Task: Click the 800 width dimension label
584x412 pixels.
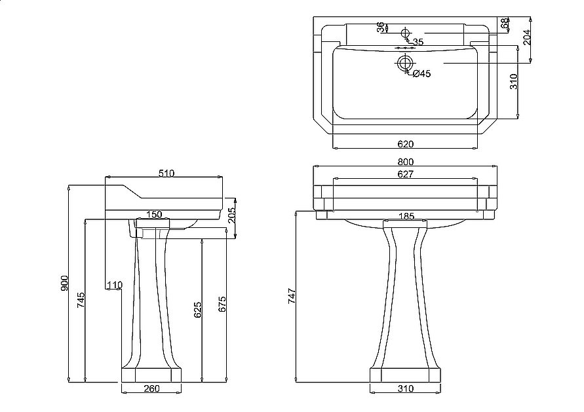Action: click(406, 162)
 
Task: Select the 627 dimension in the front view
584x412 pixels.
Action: click(406, 174)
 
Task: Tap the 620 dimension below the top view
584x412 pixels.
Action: click(406, 144)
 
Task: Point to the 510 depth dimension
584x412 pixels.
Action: click(166, 173)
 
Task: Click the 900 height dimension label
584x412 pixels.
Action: click(65, 283)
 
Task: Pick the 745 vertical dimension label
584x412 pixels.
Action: click(81, 300)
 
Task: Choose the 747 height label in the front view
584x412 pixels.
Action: click(292, 296)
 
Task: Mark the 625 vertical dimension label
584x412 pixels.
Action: click(197, 310)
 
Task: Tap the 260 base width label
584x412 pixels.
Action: click(151, 388)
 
